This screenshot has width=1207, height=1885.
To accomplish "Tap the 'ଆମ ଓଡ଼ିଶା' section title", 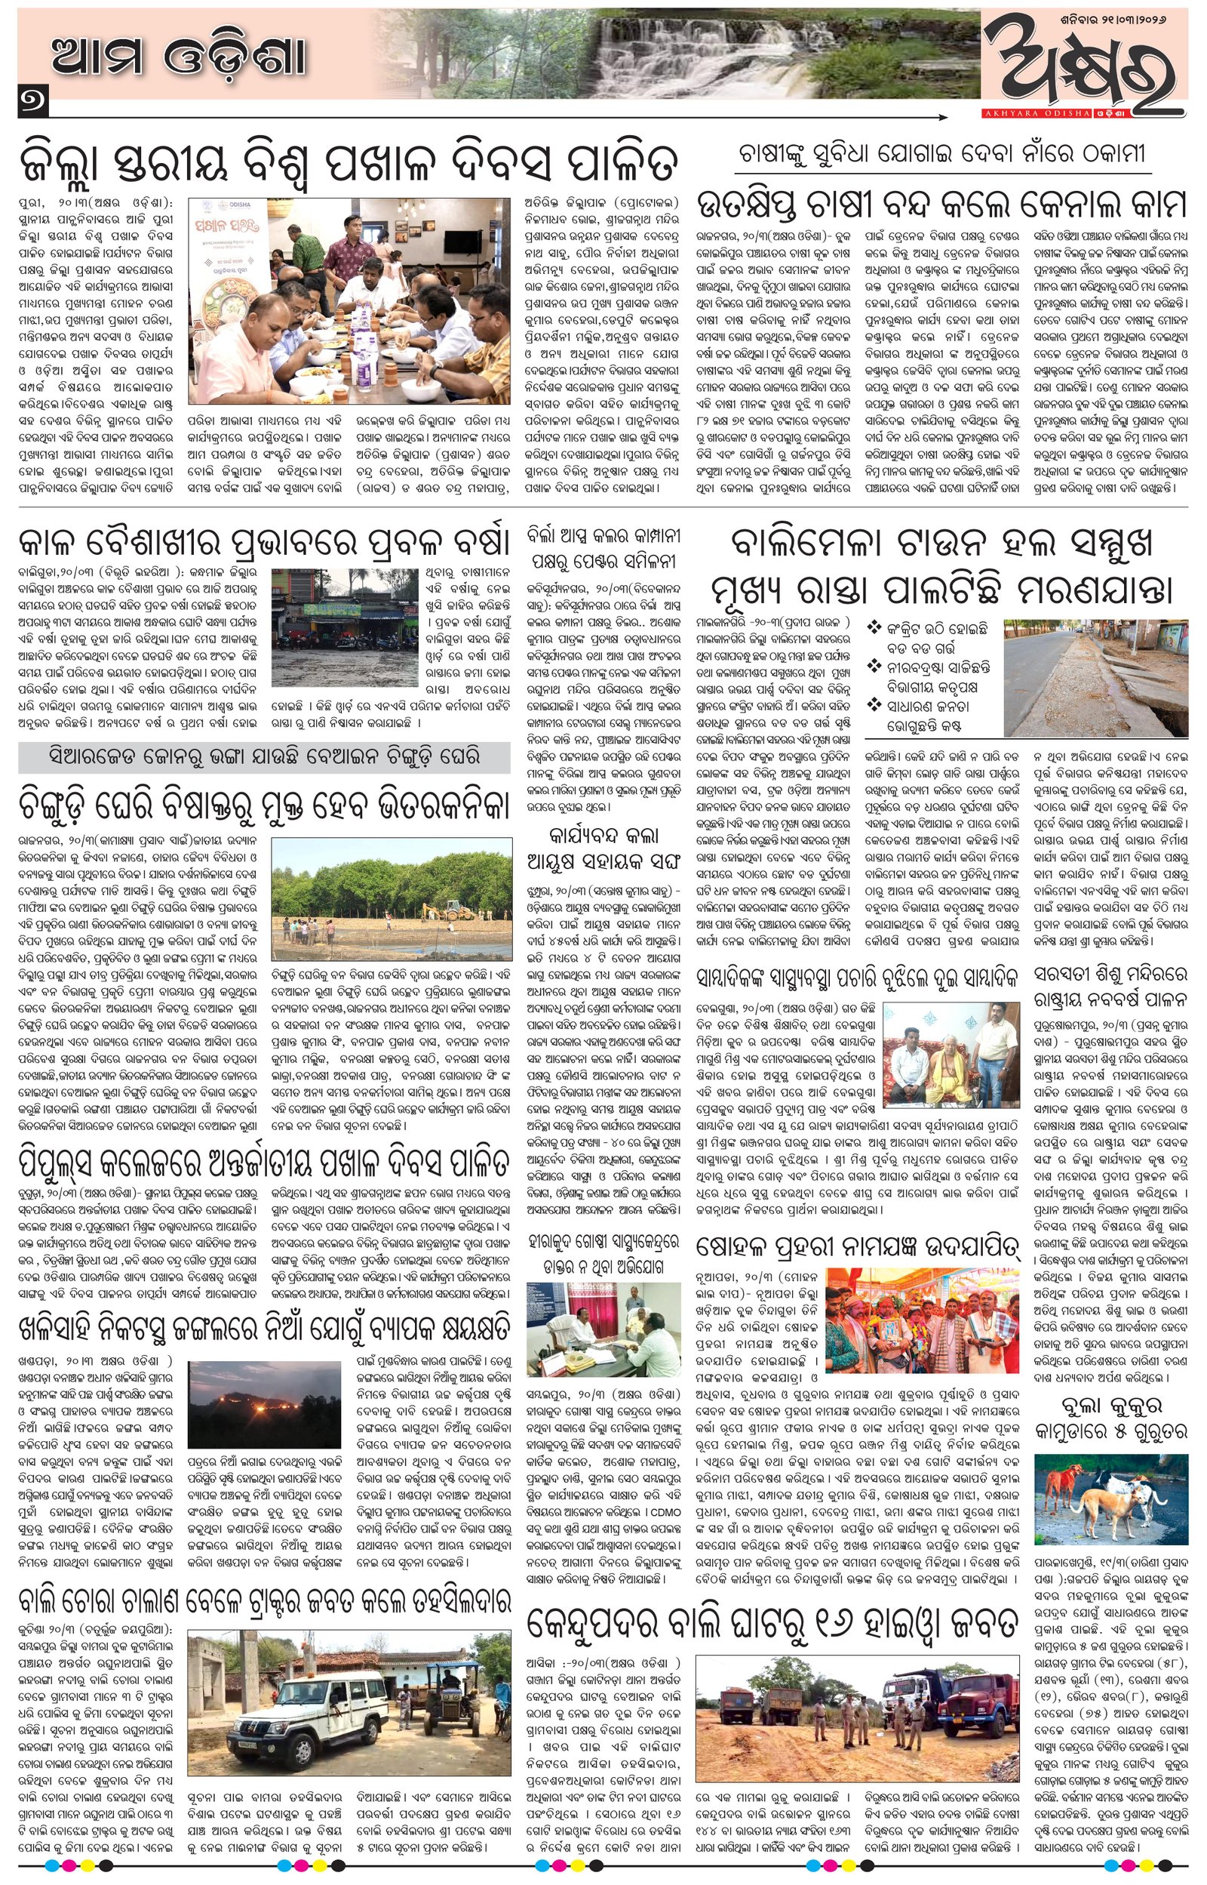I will pyautogui.click(x=179, y=57).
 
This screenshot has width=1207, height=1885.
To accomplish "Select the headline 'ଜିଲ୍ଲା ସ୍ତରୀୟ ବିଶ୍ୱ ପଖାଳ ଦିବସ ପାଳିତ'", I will pyautogui.click(x=349, y=162).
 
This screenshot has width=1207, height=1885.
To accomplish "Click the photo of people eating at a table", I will pyautogui.click(x=349, y=299).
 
